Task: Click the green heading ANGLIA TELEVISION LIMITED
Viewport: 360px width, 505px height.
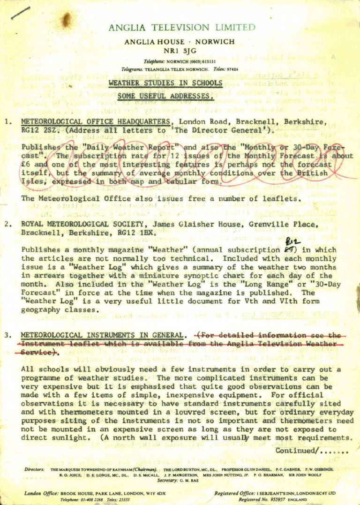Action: [x=182, y=28]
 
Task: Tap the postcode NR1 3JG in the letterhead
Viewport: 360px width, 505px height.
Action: [x=180, y=51]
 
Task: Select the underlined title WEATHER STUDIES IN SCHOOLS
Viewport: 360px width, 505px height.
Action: [x=165, y=83]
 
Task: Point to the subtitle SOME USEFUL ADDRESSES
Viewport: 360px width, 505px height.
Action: [x=166, y=97]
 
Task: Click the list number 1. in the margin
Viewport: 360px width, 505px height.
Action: [x=8, y=122]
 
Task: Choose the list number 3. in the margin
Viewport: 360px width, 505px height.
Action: [x=8, y=335]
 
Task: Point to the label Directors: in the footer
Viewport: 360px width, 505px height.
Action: [x=34, y=469]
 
